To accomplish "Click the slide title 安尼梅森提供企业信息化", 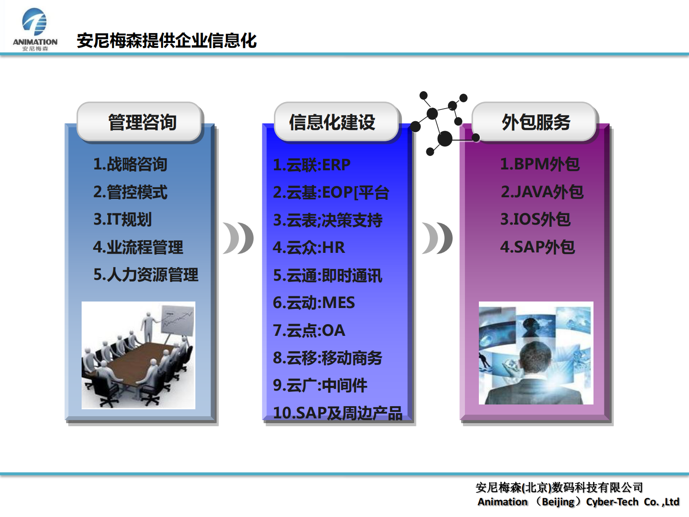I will (x=166, y=41).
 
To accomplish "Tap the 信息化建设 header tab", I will (x=333, y=123).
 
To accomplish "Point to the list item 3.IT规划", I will (x=123, y=219).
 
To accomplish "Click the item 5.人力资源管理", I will (x=146, y=275).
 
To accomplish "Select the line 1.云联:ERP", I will (x=312, y=165).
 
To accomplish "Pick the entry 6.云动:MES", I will (x=314, y=303).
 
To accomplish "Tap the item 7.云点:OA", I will (x=309, y=331).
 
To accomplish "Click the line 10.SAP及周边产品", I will (x=338, y=413).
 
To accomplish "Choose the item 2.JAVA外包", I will (x=542, y=192).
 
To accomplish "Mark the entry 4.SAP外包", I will (x=537, y=247).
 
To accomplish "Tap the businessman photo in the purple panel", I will (x=536, y=353).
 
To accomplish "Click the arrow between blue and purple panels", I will (x=437, y=238).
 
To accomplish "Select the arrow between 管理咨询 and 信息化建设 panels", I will (x=238, y=238).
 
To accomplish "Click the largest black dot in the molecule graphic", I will (x=445, y=139).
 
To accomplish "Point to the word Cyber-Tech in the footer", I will (x=612, y=502).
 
